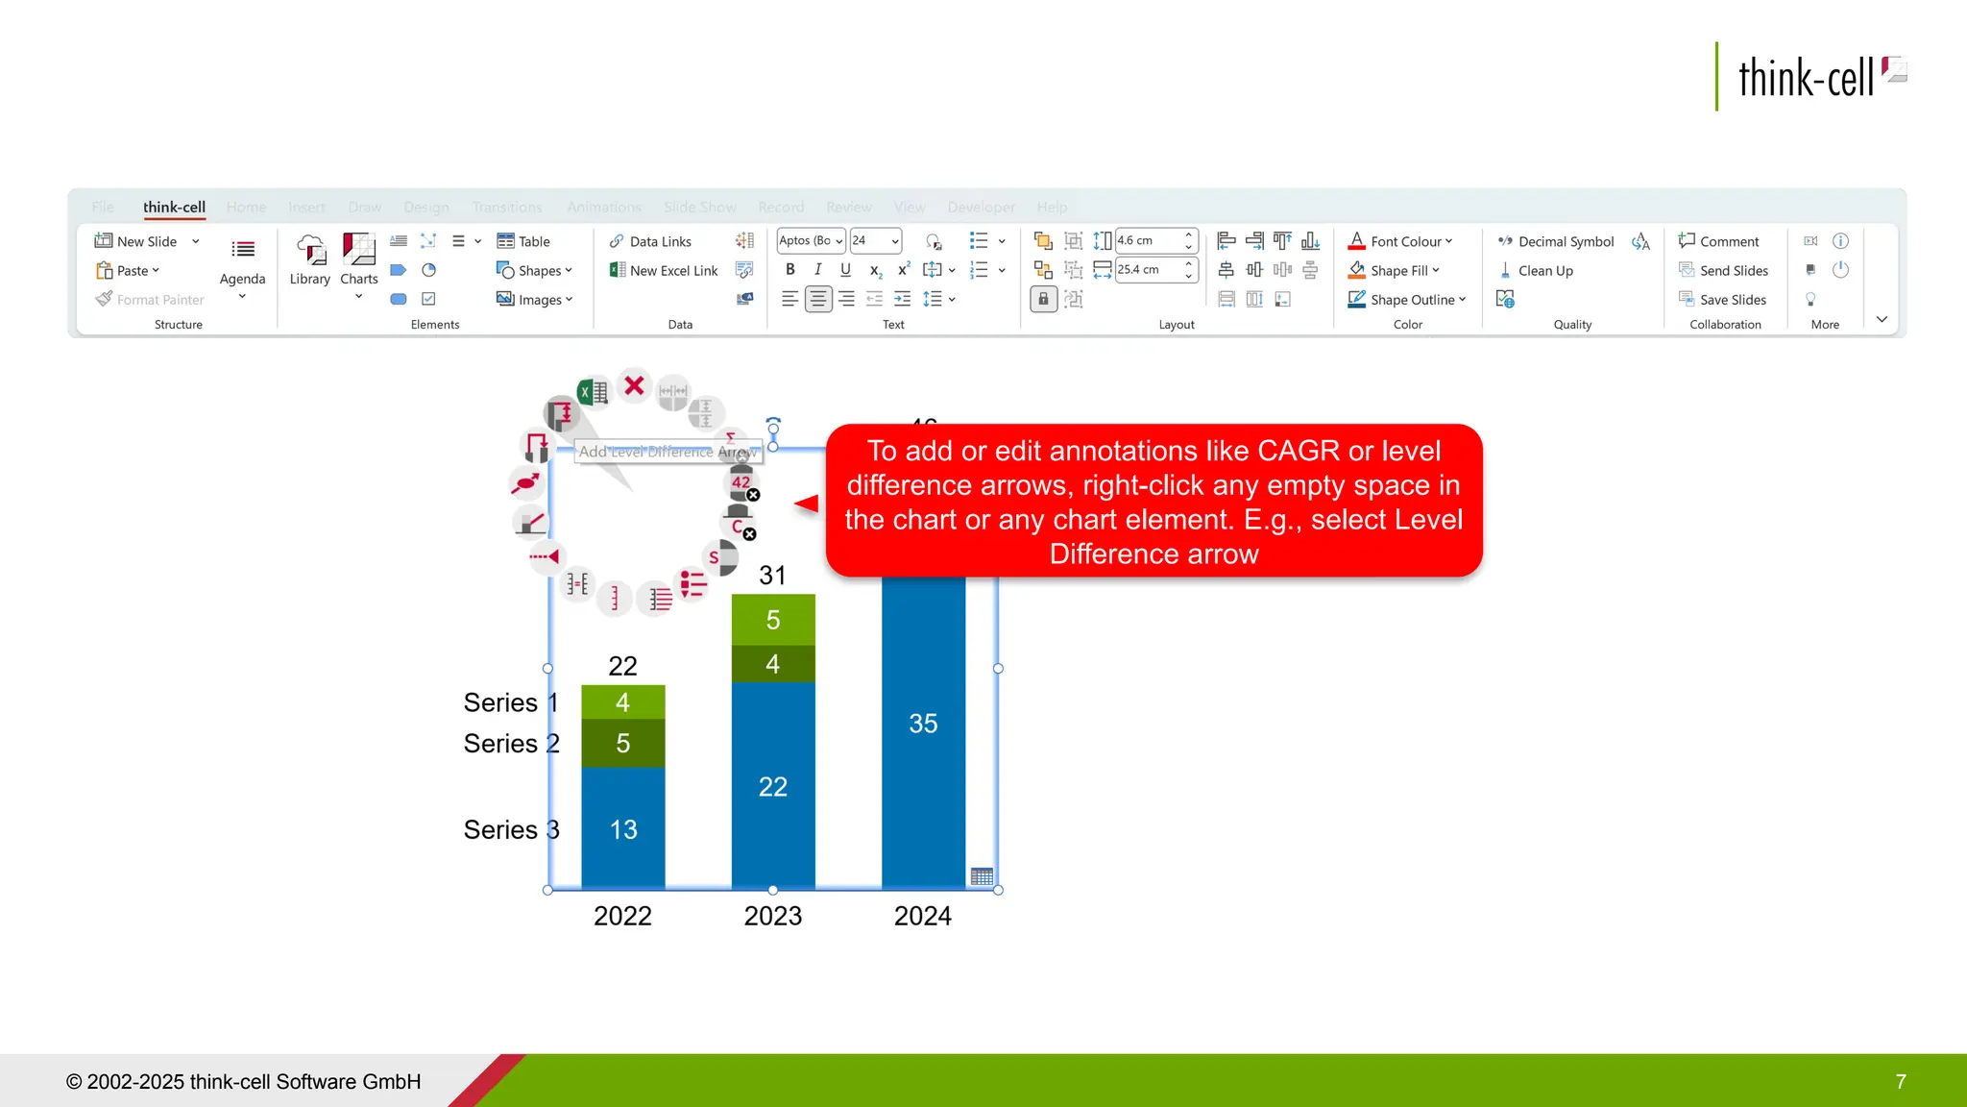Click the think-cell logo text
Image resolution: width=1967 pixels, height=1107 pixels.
coord(1805,78)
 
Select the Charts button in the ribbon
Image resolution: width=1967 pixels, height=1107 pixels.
coord(358,259)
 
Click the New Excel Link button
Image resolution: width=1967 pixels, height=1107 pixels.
coord(665,271)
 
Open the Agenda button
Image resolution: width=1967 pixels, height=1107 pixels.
coord(242,261)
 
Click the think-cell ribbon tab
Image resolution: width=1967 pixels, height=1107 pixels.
coord(174,207)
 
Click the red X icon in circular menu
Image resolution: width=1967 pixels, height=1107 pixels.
coord(634,386)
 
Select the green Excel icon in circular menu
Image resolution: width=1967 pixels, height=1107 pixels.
coord(593,392)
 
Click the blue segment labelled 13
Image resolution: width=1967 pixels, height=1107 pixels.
coord(623,828)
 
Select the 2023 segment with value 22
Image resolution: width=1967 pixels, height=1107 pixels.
coord(772,786)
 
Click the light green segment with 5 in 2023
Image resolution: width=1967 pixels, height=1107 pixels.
coord(772,620)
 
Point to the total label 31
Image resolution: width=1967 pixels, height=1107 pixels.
coord(772,575)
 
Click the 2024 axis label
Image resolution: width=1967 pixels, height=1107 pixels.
coord(922,916)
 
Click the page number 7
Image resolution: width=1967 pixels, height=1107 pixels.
coord(1900,1082)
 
